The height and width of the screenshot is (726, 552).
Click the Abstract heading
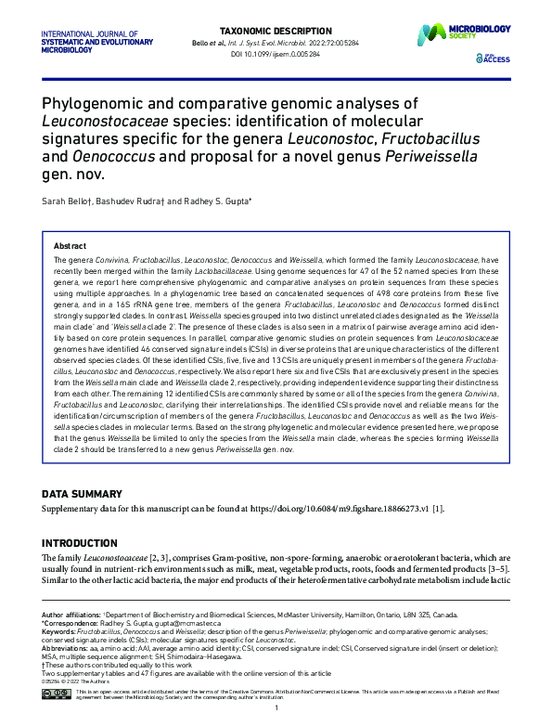click(x=70, y=246)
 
